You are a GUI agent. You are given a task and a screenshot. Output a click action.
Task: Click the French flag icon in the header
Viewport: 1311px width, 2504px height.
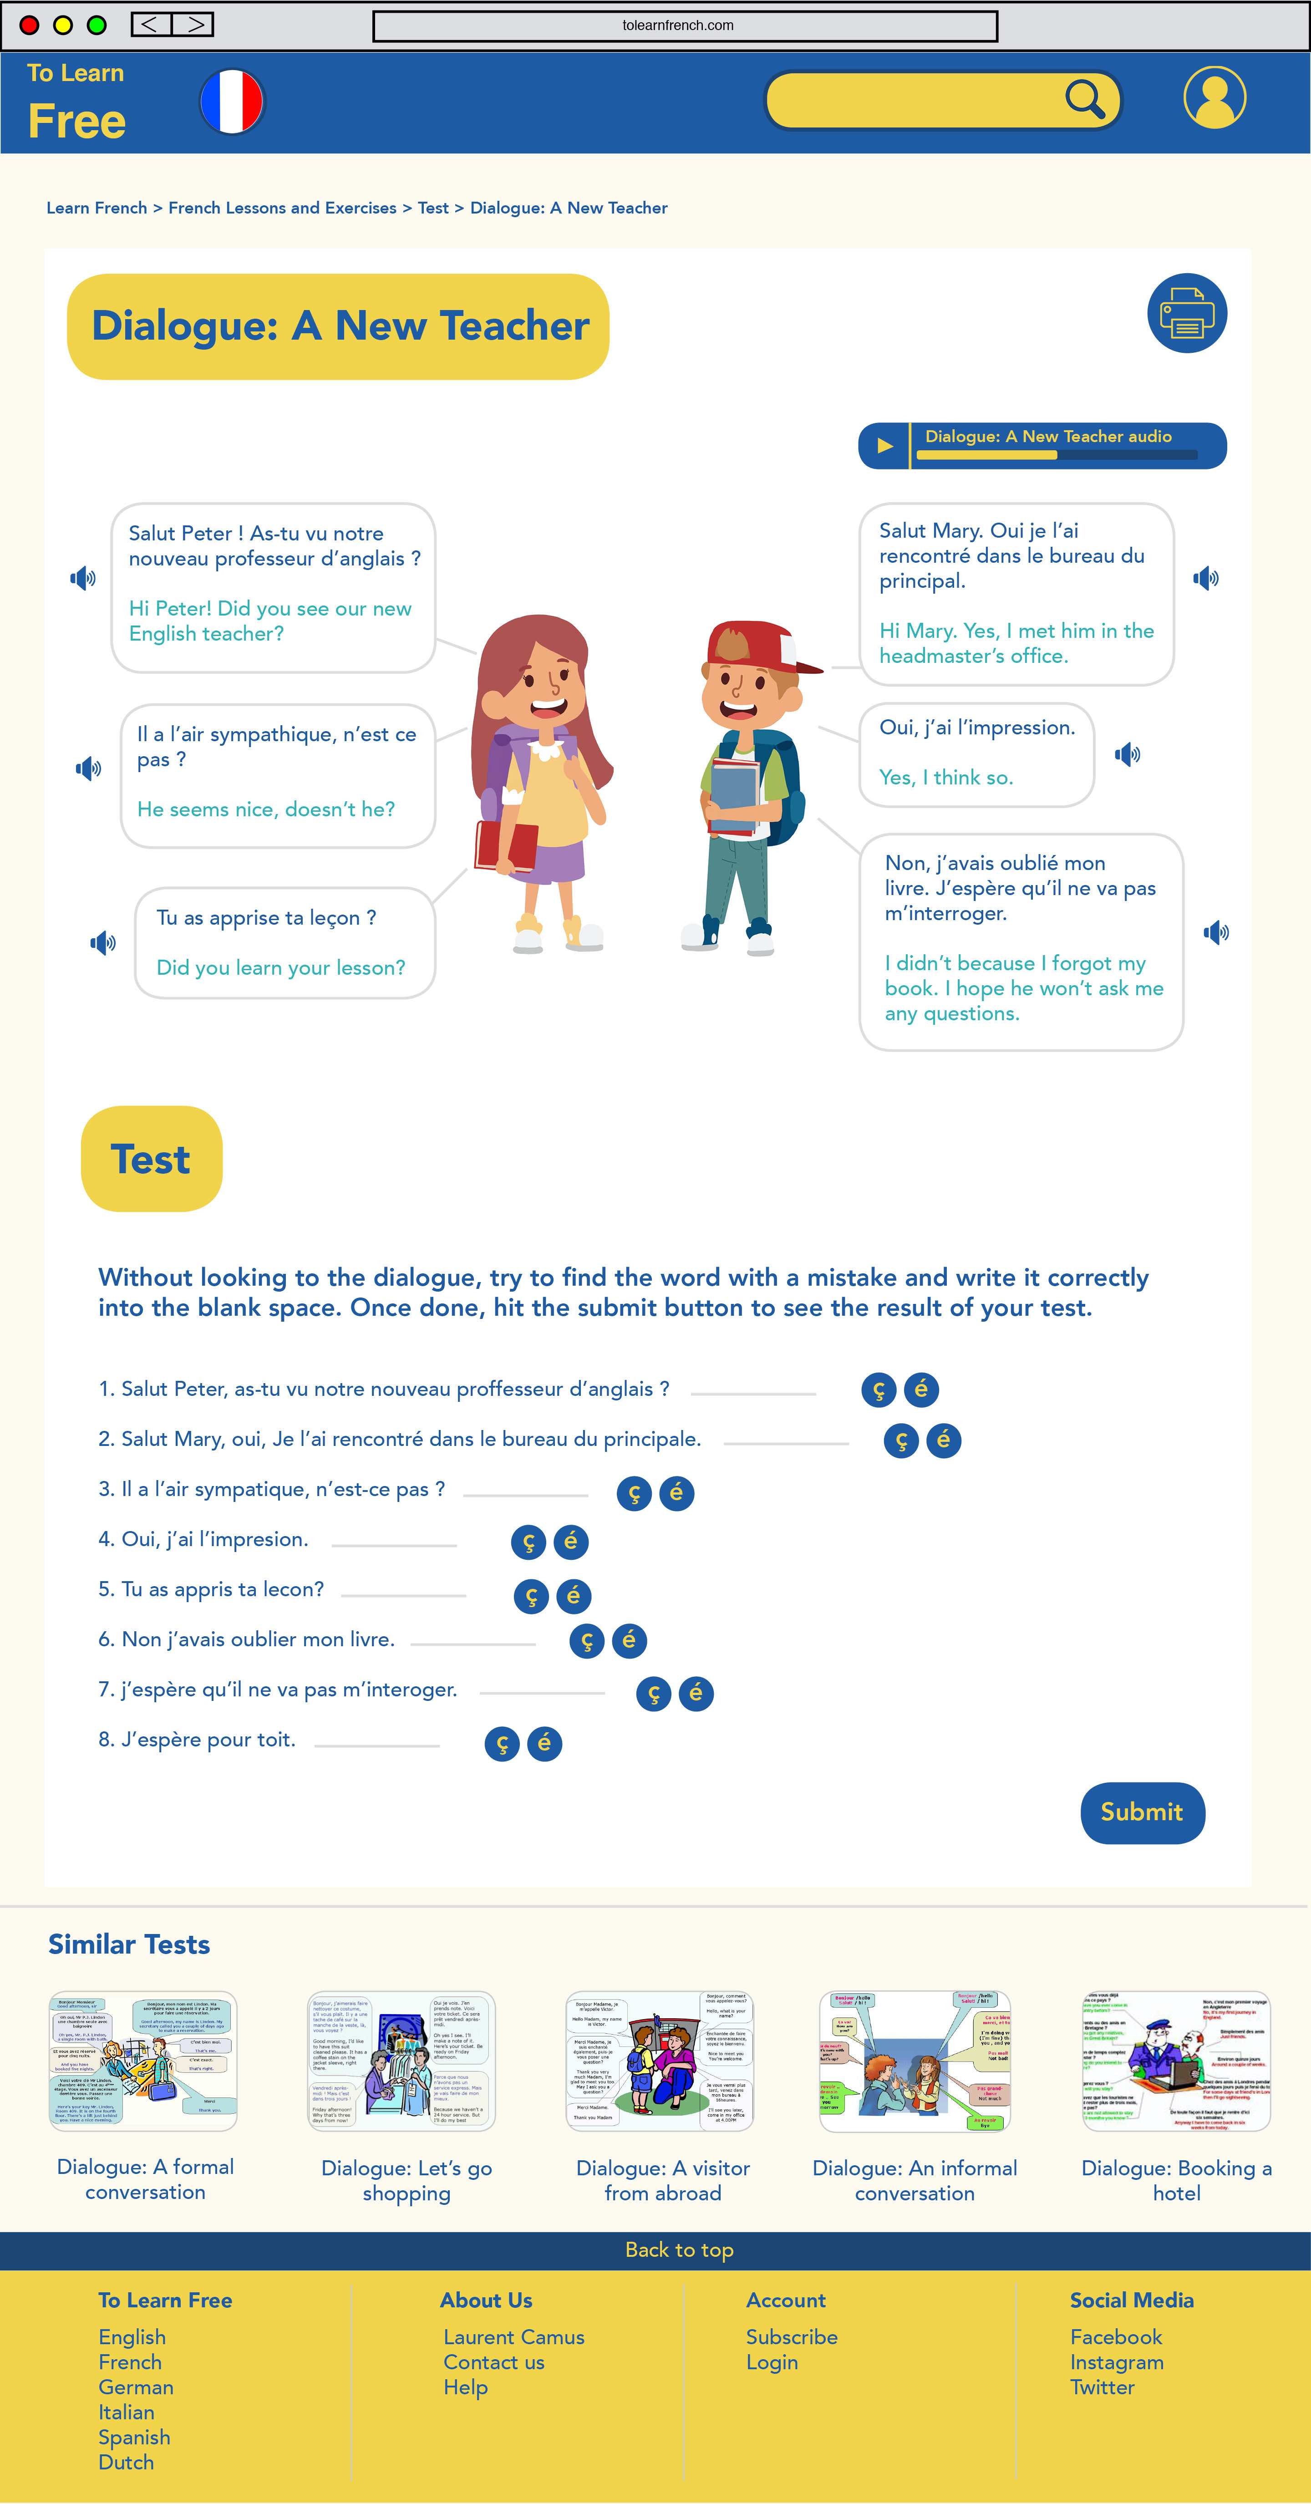click(231, 101)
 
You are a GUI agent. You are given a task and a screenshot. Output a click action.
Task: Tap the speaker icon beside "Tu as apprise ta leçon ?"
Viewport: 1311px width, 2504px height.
click(103, 942)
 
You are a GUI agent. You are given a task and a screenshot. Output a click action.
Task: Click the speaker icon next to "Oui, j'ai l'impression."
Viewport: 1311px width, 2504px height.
click(1128, 754)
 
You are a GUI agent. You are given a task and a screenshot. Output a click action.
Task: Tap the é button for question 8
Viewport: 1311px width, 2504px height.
click(544, 1743)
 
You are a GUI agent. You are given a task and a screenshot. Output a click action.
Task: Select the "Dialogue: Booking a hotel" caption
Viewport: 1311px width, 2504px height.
click(1176, 2180)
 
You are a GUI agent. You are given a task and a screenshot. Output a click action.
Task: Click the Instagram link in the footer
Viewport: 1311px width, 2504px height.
click(1117, 2362)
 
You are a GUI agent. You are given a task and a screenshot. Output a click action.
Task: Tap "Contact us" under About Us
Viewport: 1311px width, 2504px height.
click(494, 2362)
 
